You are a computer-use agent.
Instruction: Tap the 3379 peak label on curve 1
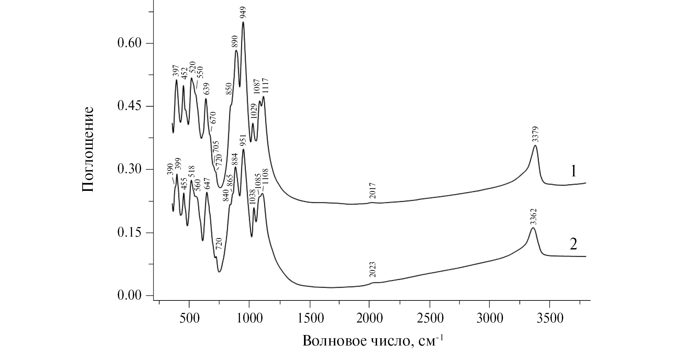pos(535,134)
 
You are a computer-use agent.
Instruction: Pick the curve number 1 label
pos(573,171)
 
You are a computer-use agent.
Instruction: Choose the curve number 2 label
pos(573,244)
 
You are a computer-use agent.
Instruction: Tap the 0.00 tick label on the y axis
pos(129,296)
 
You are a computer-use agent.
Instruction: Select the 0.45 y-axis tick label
pos(129,106)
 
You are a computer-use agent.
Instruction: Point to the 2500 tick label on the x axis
pos(429,319)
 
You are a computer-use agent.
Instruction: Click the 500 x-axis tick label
pos(189,319)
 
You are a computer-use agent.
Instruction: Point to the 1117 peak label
pos(265,86)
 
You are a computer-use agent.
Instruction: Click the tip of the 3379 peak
pos(535,145)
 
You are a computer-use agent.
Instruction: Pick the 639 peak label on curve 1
pos(207,89)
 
